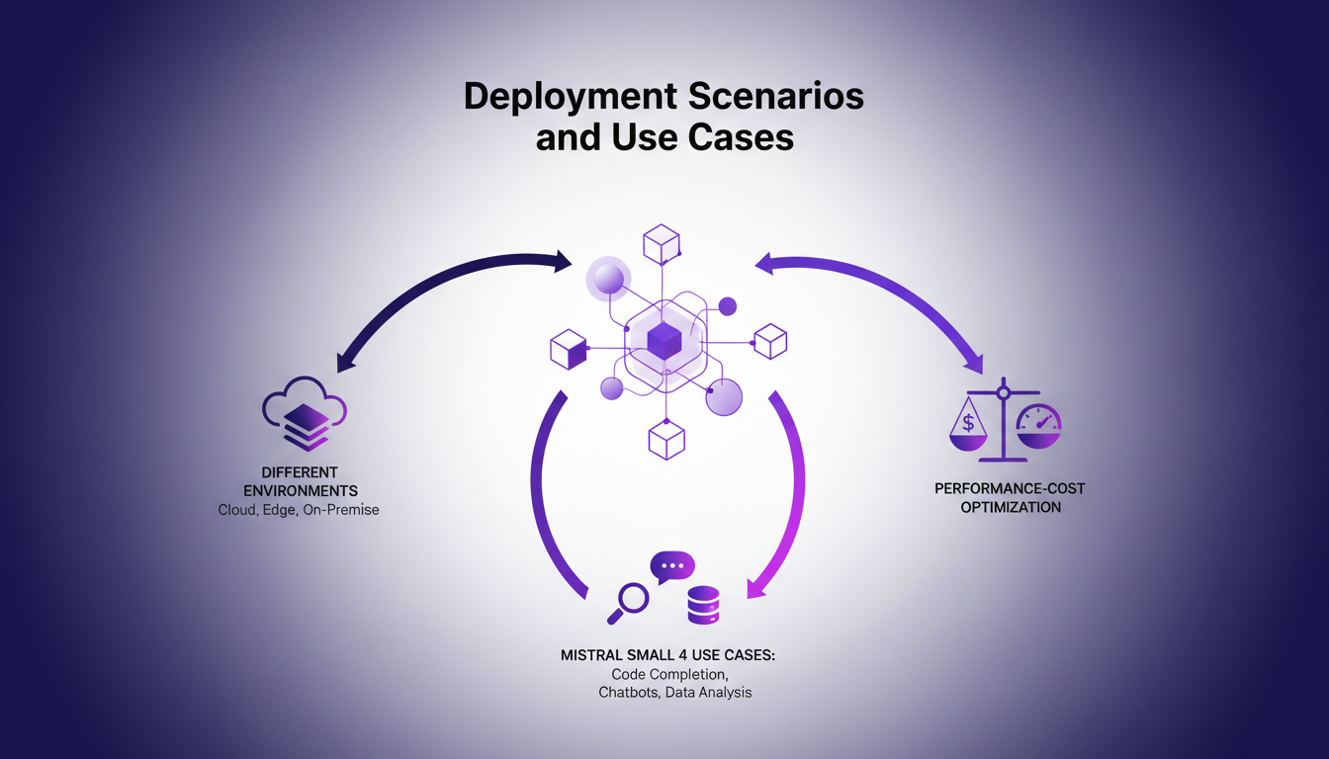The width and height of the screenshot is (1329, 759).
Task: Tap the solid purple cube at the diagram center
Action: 664,341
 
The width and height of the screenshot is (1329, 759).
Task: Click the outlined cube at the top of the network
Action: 661,244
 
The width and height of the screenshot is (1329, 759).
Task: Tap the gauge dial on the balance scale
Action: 1038,423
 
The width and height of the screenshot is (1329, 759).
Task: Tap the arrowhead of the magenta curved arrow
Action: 757,587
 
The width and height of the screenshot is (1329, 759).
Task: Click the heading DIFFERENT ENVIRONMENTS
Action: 299,480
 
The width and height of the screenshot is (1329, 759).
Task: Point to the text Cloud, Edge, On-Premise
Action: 299,510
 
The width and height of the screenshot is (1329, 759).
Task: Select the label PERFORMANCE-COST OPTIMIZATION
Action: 1002,498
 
